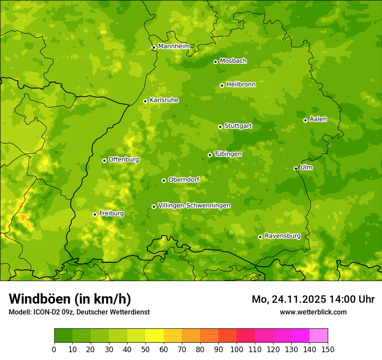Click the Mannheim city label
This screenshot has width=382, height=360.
(174, 46)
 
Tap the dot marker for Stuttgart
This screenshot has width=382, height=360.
(220, 127)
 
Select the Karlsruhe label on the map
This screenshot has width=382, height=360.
(164, 100)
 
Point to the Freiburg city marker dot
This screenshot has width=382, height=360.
(95, 214)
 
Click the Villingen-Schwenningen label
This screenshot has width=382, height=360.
(194, 206)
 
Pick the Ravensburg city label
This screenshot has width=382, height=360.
(283, 236)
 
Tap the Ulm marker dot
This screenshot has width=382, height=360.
(296, 168)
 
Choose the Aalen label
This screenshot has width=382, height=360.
(318, 119)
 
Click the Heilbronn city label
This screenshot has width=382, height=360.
(241, 85)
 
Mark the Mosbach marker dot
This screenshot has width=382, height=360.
(215, 62)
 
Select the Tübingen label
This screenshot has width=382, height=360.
(228, 154)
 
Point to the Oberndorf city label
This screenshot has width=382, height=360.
(184, 180)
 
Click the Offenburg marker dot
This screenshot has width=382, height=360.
(104, 160)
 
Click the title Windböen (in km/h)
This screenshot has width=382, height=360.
(70, 299)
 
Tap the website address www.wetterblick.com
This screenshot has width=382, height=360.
(313, 312)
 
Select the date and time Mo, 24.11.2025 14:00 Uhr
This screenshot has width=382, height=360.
(313, 299)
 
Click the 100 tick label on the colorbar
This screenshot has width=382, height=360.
(237, 349)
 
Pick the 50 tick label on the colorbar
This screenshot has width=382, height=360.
(145, 349)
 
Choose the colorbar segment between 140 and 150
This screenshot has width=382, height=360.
(319, 335)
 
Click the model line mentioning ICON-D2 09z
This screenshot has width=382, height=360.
(79, 312)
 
